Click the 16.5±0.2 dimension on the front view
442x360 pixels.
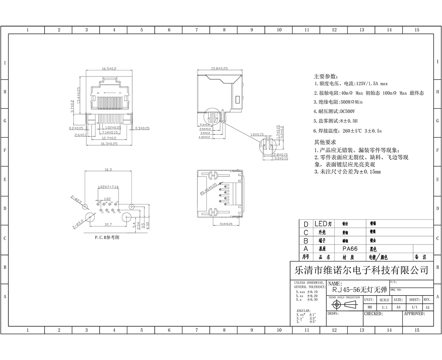[109, 69]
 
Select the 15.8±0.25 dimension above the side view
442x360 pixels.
[219, 69]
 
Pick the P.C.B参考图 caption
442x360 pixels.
[107, 237]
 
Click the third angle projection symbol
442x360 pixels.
[345, 304]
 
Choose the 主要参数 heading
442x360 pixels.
[326, 76]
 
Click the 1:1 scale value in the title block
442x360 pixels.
[384, 307]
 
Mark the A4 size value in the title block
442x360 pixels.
[398, 307]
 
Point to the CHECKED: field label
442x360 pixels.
[373, 313]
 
